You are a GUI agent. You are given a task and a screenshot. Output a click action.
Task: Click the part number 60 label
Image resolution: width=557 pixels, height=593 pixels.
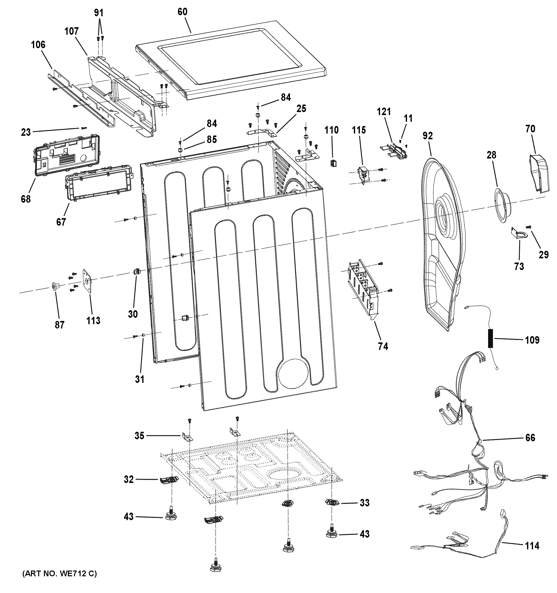[x=182, y=12]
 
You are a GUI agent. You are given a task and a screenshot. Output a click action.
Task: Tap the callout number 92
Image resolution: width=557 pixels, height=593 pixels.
[x=427, y=136]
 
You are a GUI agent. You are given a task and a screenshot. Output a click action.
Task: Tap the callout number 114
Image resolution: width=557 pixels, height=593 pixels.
[x=532, y=546]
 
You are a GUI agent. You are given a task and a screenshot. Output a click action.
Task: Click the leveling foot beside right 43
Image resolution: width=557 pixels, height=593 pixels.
[x=331, y=533]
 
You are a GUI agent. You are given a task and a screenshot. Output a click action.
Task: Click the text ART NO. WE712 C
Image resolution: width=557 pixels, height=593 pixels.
[x=59, y=574]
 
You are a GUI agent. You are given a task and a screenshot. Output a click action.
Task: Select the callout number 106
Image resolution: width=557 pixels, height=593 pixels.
[x=38, y=45]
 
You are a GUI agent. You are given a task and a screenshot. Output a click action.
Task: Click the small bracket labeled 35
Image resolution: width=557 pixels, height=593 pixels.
[x=187, y=437]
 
